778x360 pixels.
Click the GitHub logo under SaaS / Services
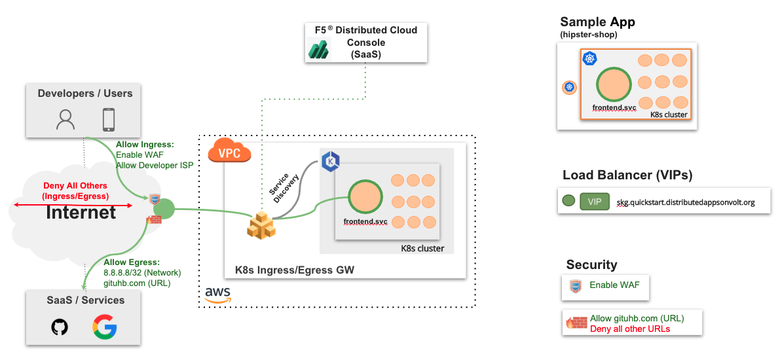click(60, 326)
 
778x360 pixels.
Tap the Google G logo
click(104, 326)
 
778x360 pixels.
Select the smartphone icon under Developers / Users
click(109, 119)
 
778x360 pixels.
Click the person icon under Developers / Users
click(65, 119)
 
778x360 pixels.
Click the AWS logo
click(217, 295)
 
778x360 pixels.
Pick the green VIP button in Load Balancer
click(594, 202)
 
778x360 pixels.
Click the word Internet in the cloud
click(81, 212)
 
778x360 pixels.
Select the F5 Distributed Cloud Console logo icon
click(320, 49)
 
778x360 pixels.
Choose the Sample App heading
click(597, 22)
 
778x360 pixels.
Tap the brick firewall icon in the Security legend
click(576, 322)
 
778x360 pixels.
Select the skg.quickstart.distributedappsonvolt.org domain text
click(686, 202)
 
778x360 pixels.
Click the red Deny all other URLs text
click(629, 329)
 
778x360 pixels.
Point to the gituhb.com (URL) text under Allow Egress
click(136, 283)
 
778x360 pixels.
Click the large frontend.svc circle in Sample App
click(614, 84)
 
